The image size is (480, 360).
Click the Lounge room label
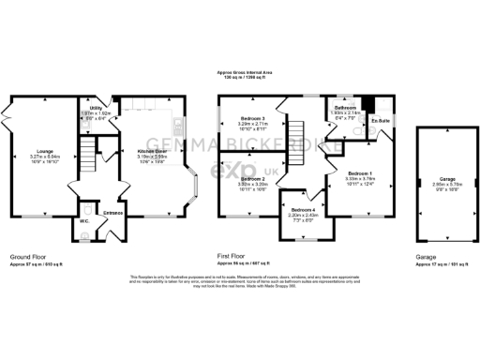pyautogui.click(x=44, y=149)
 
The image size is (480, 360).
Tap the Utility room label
pyautogui.click(x=96, y=108)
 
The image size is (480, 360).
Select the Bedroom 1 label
pyautogui.click(x=361, y=173)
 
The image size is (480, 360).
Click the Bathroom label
pyautogui.click(x=344, y=108)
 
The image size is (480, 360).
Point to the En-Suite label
pyautogui.click(x=380, y=121)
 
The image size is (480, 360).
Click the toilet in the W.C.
pyautogui.click(x=85, y=209)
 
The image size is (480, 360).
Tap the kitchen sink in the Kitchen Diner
pyautogui.click(x=174, y=122)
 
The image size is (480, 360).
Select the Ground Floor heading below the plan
pyautogui.click(x=28, y=255)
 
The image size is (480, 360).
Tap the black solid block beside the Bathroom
pyautogui.click(x=369, y=103)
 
